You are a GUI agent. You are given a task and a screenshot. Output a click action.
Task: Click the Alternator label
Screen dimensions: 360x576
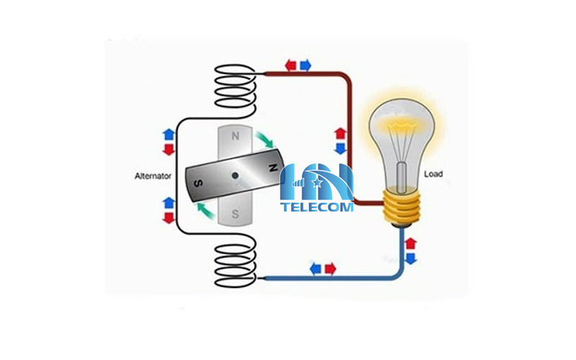point(153,175)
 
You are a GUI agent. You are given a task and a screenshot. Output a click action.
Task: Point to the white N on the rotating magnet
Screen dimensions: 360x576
point(273,168)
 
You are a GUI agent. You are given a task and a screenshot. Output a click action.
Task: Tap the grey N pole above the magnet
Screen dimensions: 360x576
point(235,135)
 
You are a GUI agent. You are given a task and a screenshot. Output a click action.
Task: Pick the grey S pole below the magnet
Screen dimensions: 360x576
point(235,214)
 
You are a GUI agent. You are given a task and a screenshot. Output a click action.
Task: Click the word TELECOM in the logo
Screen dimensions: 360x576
point(318,207)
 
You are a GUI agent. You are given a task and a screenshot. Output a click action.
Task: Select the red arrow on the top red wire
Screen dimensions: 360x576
point(291,66)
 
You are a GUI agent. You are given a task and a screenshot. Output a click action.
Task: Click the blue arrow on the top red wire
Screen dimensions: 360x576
point(305,66)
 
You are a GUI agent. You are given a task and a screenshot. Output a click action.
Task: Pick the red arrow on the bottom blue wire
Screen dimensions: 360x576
point(330,269)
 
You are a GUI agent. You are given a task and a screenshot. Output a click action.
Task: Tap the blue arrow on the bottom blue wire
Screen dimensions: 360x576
point(315,269)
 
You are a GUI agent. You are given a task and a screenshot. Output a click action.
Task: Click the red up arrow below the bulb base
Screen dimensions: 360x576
point(410,243)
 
